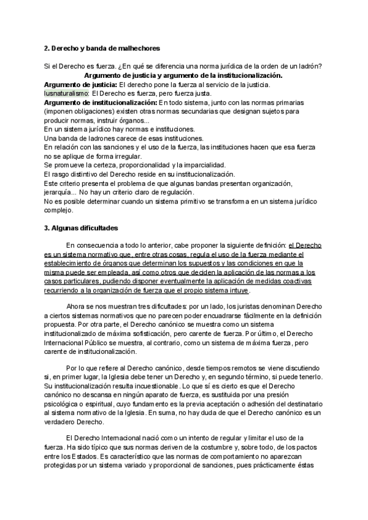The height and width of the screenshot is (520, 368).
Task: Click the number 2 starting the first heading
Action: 47,48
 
